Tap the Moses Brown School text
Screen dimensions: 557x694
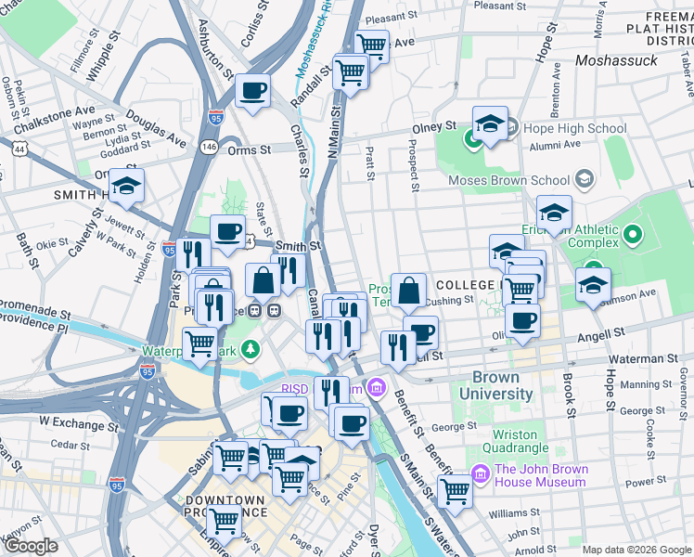(x=508, y=180)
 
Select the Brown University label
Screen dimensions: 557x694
(x=502, y=385)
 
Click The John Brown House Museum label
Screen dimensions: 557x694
(x=541, y=475)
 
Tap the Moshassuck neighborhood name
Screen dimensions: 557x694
(x=616, y=60)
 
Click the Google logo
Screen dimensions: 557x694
(x=31, y=546)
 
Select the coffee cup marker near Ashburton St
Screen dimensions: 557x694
(x=252, y=91)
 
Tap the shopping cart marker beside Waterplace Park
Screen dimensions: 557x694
(x=201, y=343)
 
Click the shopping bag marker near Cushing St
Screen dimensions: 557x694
(x=408, y=290)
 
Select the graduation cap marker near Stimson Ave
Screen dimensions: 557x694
(x=593, y=285)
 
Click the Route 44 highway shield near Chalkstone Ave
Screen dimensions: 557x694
(x=19, y=148)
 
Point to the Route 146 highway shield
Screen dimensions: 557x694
(x=210, y=147)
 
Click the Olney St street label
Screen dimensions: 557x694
(x=433, y=125)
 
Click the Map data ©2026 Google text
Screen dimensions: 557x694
(x=636, y=550)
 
